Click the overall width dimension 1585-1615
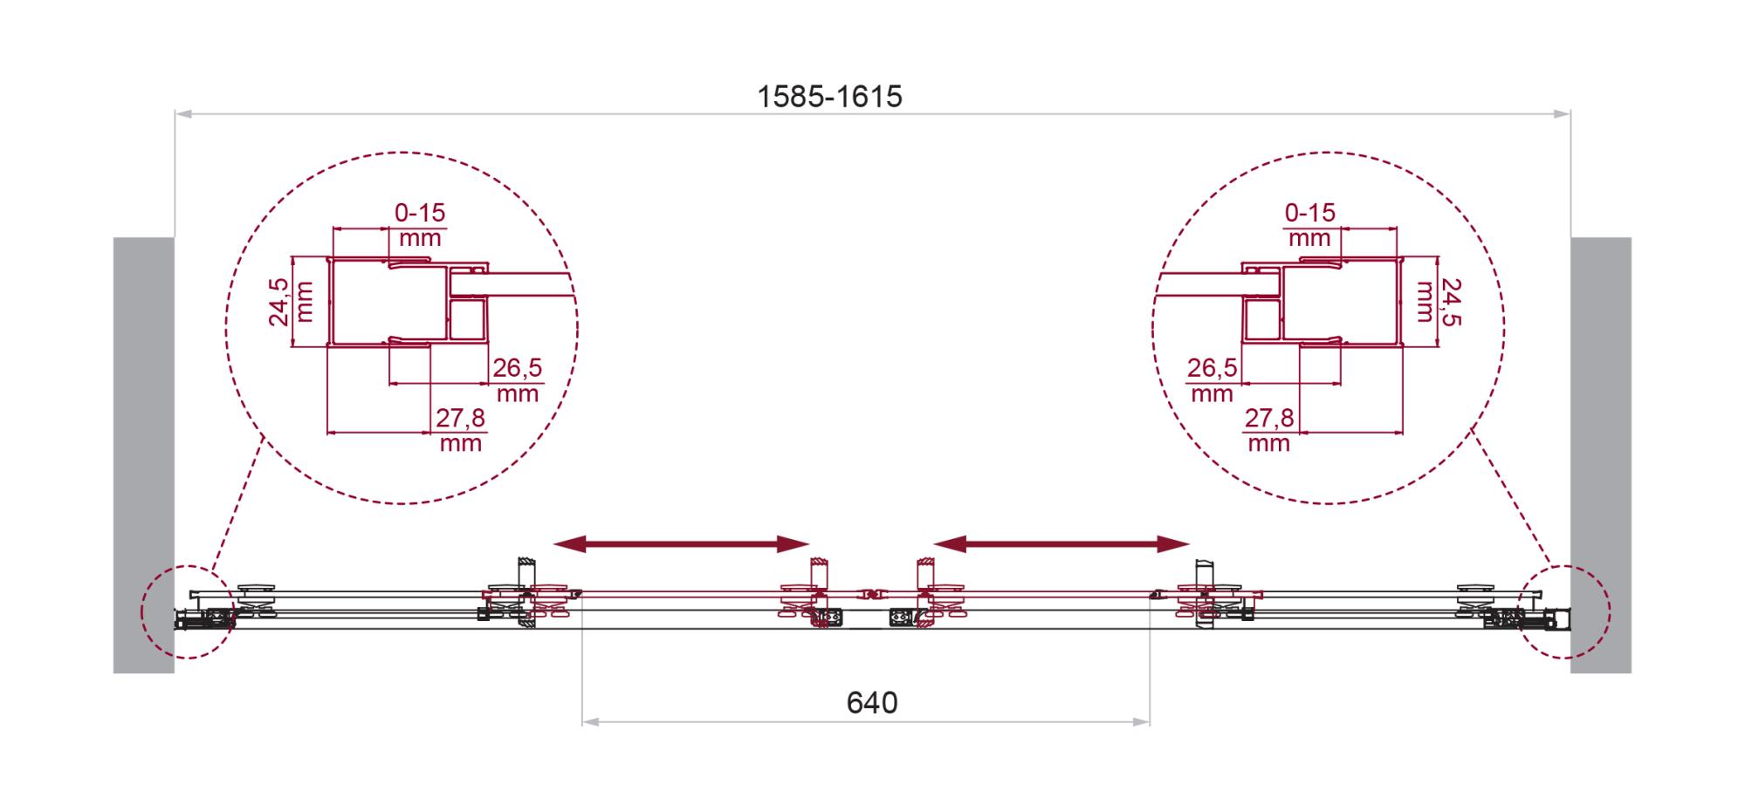tap(829, 96)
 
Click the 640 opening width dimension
tap(872, 702)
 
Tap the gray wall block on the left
tap(144, 454)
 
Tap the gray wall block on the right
tap(1601, 454)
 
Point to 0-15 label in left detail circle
tap(420, 212)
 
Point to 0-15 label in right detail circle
tap(1310, 212)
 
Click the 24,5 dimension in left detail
tap(278, 302)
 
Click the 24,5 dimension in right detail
tap(1450, 302)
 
